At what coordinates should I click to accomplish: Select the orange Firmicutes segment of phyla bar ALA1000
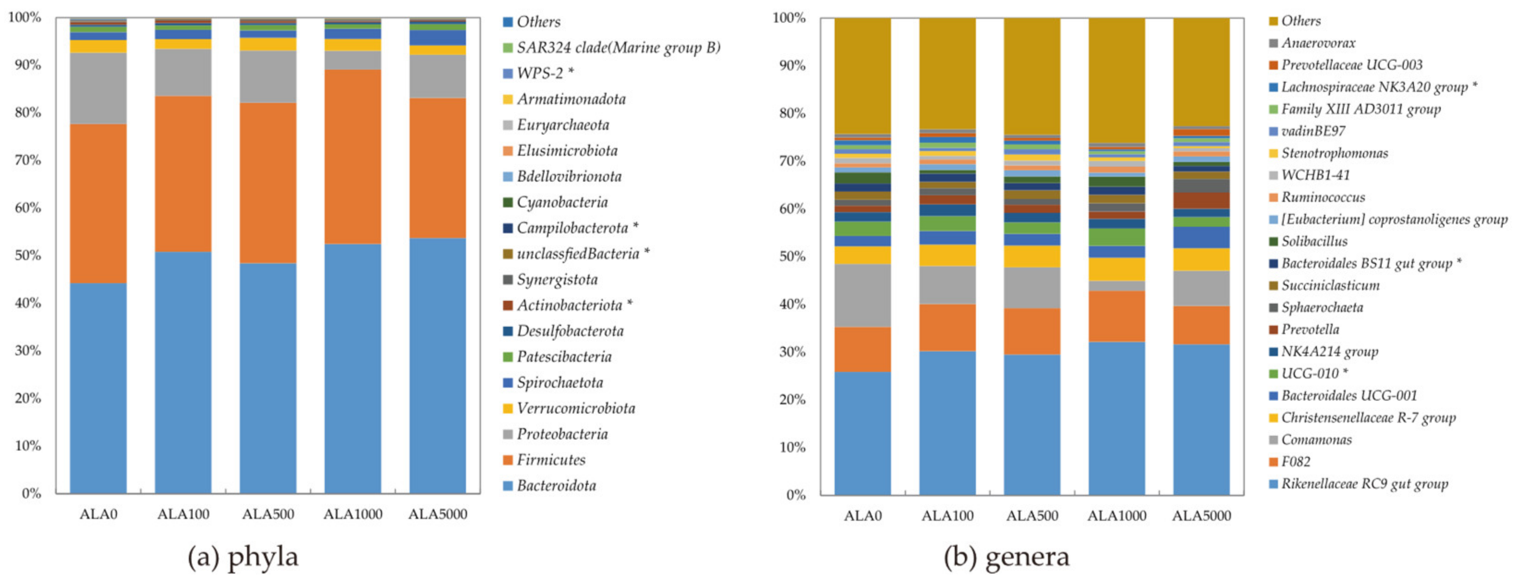tap(352, 157)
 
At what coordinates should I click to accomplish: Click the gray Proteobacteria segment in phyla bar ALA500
tap(268, 77)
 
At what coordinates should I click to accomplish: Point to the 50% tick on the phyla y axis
tap(28, 256)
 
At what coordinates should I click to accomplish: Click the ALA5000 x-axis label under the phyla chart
tap(437, 514)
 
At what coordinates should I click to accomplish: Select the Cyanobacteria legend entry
tap(562, 202)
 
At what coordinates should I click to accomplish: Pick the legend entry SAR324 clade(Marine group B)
tap(618, 47)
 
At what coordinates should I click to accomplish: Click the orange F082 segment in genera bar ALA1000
tap(1116, 316)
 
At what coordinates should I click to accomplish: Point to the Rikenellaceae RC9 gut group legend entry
tap(1364, 484)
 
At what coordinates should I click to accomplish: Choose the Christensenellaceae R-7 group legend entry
tap(1368, 418)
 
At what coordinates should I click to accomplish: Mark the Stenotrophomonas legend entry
tap(1334, 153)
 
